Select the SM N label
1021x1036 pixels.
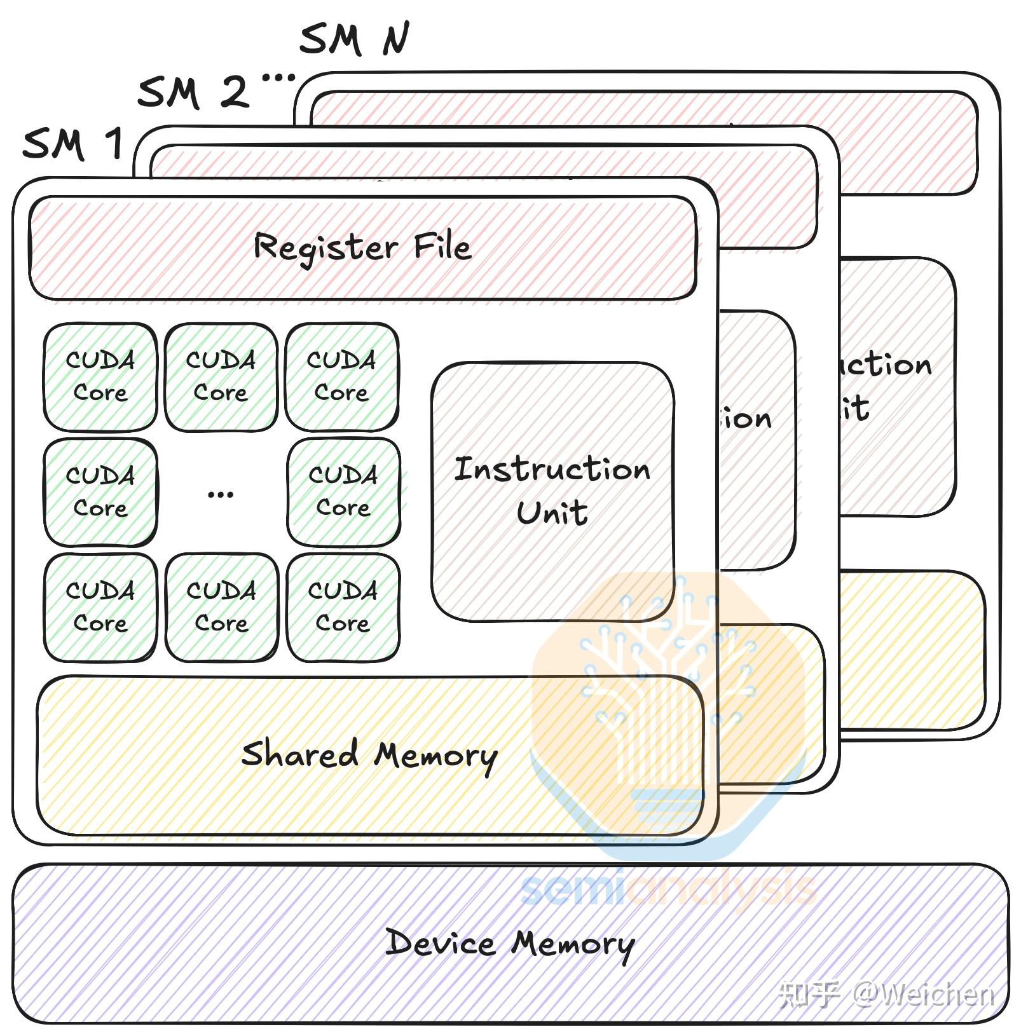coord(353,39)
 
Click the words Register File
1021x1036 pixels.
coord(362,247)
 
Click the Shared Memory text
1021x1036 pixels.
coord(369,755)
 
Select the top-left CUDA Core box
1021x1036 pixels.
coord(100,376)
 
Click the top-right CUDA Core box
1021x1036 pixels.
coord(341,376)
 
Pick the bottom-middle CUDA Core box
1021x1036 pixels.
coord(221,607)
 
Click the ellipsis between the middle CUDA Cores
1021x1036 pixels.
coord(221,494)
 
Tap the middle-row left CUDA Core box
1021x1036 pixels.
coord(100,492)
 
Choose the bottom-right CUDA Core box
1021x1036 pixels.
coord(343,607)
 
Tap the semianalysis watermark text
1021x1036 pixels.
coord(668,889)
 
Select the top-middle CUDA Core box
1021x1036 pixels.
coord(221,376)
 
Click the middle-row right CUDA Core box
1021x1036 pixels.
coord(343,492)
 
